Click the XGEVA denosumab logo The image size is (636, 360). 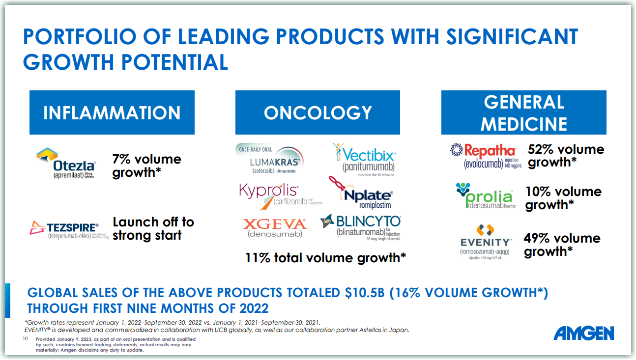(275, 227)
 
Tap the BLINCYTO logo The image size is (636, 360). (361, 227)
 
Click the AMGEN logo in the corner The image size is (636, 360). (584, 333)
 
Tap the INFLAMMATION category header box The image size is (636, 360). (112, 112)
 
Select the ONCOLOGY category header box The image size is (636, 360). (318, 112)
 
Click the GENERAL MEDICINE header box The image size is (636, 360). (523, 112)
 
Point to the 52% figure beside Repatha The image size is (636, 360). (541, 149)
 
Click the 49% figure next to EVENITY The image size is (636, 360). (537, 239)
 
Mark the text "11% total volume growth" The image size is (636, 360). (325, 258)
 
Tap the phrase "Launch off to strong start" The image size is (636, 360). (153, 228)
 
